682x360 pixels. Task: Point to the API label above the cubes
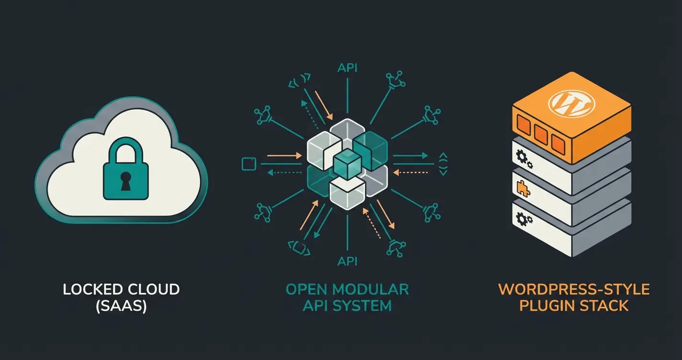click(347, 67)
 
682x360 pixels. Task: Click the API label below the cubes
click(347, 261)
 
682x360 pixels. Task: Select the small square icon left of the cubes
click(248, 164)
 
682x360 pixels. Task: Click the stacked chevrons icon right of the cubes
click(442, 164)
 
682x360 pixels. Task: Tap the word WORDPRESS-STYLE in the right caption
click(574, 289)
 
